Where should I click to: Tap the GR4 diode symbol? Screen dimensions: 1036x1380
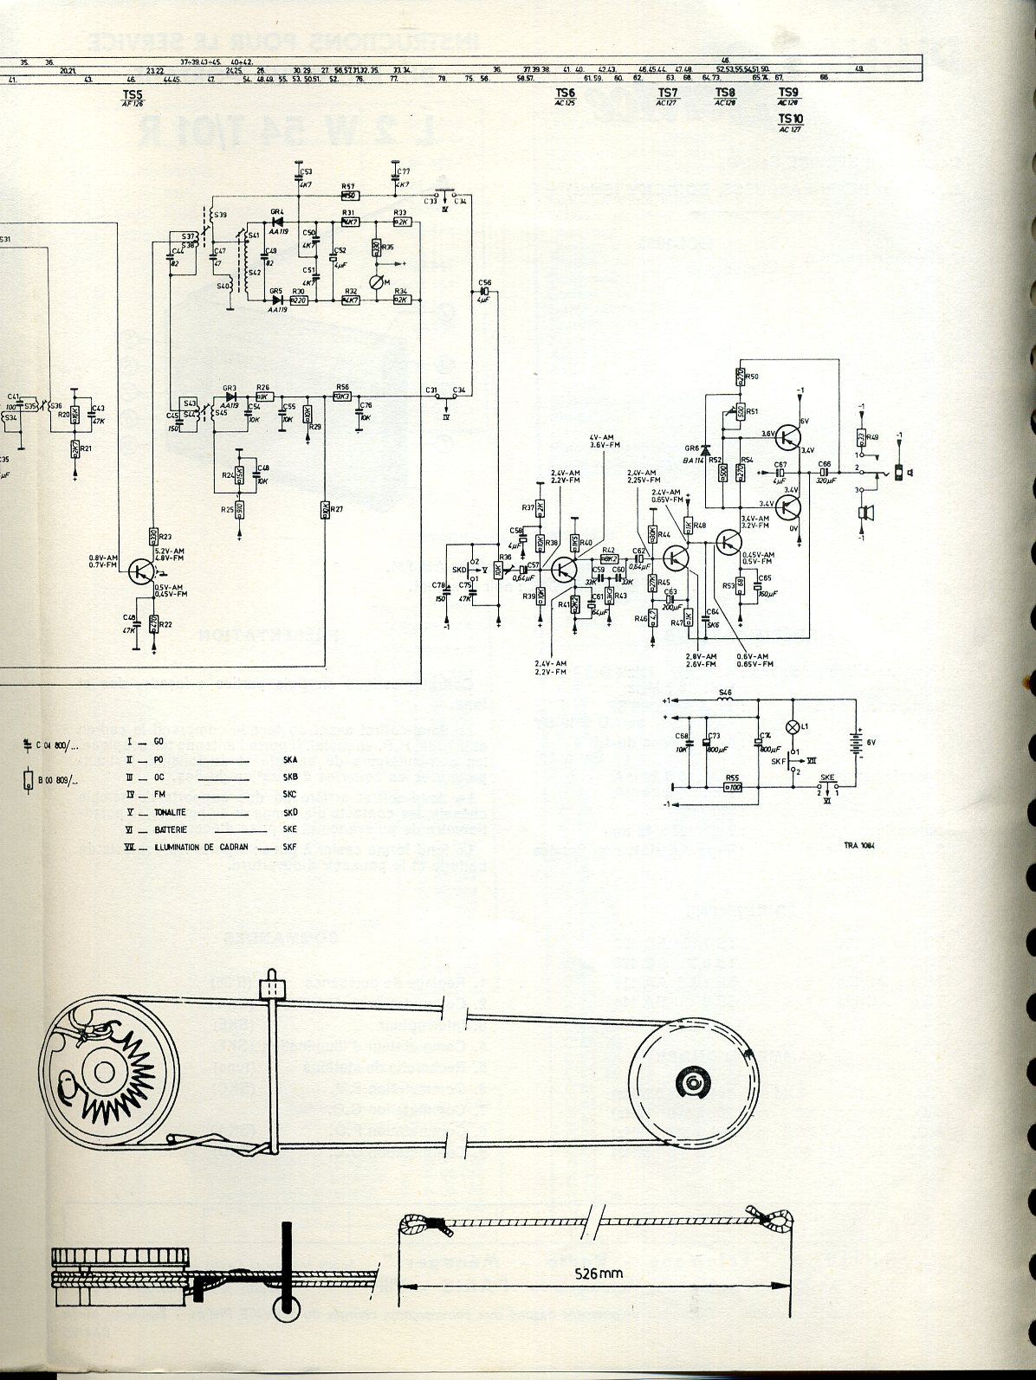point(278,222)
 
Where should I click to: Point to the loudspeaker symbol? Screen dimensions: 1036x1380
point(862,513)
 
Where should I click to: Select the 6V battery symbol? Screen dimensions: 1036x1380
point(858,743)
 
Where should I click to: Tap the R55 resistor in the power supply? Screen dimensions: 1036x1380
point(733,787)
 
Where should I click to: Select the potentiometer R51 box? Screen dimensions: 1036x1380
point(741,412)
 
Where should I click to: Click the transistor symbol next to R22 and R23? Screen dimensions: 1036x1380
point(140,571)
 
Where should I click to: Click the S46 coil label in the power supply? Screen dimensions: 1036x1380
point(726,693)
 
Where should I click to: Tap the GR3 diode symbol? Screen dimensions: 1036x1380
point(230,397)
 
